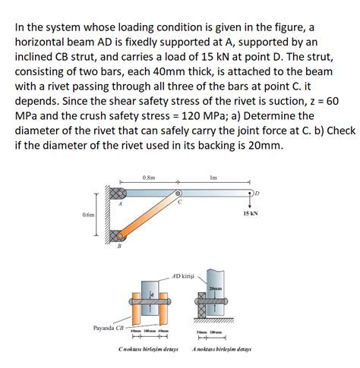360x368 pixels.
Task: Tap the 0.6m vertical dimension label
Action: coord(89,215)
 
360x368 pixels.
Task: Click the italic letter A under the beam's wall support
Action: coord(120,203)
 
